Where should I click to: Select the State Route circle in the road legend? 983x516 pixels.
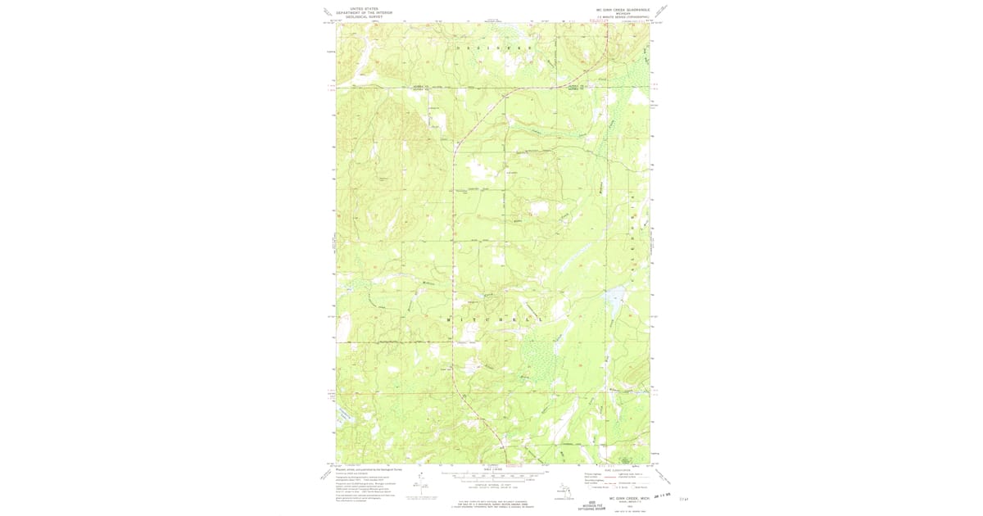click(x=635, y=487)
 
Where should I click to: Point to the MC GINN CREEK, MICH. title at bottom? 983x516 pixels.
click(x=628, y=496)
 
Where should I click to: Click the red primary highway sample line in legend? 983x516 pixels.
click(x=600, y=474)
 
